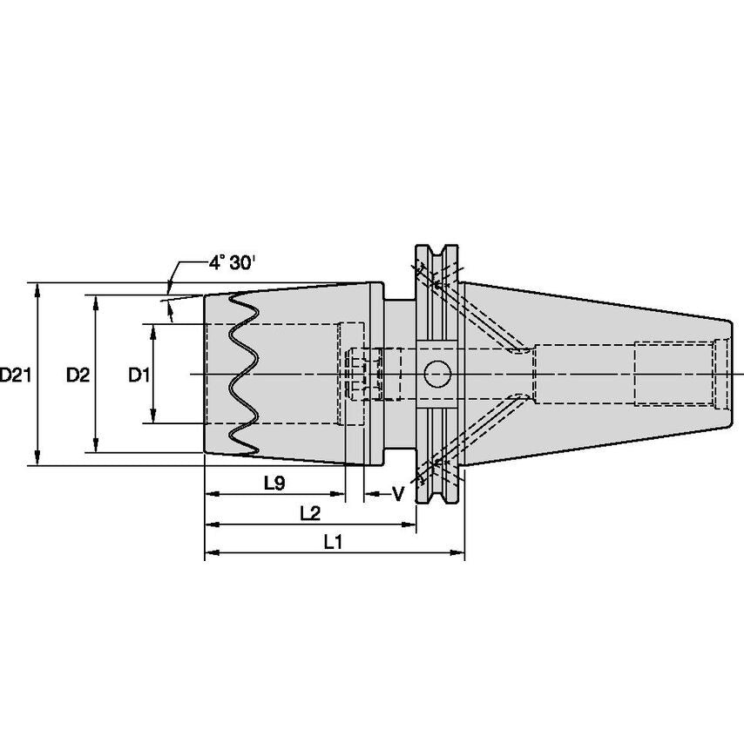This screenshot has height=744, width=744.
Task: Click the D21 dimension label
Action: [16, 375]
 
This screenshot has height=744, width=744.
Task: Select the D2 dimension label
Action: [78, 375]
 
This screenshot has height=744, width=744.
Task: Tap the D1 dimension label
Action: [139, 375]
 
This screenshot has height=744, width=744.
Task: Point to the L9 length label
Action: [274, 483]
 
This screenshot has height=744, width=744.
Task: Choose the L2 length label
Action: [310, 513]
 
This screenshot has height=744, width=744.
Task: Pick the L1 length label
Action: [333, 541]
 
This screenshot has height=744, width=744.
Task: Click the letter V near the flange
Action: [398, 495]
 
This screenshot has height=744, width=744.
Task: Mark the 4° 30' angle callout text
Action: [232, 262]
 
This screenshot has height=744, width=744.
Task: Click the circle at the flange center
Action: [436, 374]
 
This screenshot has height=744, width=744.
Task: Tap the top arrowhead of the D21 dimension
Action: [38, 289]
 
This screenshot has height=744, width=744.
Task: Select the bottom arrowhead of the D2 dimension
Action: [96, 445]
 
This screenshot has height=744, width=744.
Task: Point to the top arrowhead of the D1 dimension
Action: [152, 331]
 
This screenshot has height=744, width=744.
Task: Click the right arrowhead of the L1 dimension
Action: [457, 552]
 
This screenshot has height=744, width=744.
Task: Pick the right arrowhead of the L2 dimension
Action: [409, 524]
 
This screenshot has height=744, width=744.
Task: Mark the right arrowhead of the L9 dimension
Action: [337, 494]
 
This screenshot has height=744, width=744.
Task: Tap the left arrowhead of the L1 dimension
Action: [212, 552]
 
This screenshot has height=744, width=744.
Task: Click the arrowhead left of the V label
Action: [371, 494]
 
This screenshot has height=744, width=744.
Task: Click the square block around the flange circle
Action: [436, 374]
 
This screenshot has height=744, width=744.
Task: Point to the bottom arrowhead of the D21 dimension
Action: [38, 459]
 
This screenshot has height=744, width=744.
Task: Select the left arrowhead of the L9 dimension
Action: [212, 494]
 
